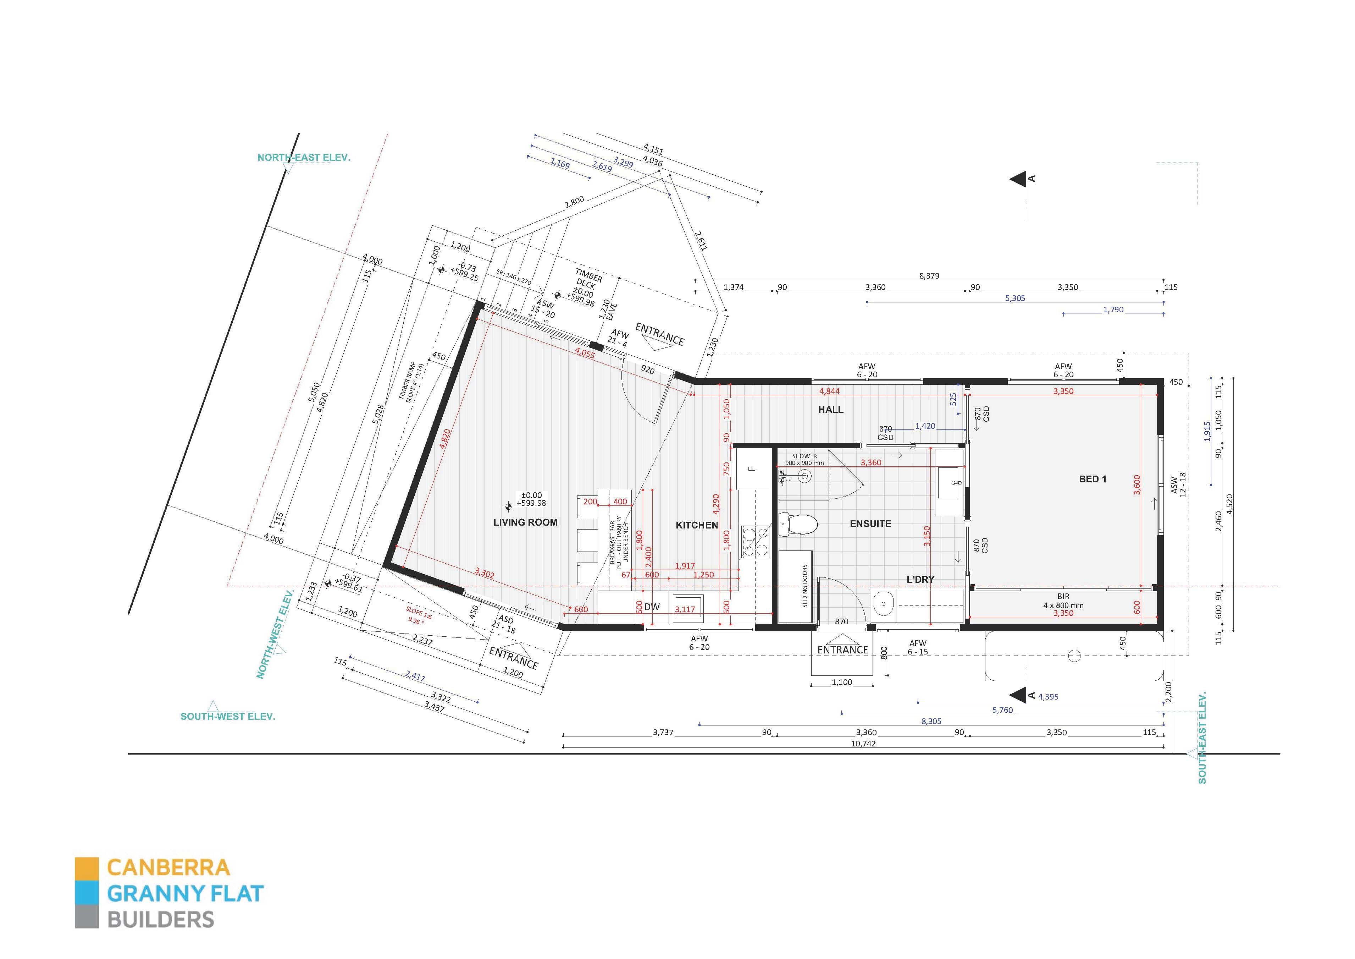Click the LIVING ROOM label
coord(525,522)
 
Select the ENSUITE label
coord(870,524)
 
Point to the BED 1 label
coord(1093,479)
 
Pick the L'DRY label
coord(920,579)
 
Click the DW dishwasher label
coord(652,607)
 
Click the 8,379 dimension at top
coord(929,276)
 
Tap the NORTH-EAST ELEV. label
coord(304,158)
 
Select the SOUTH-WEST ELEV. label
coord(228,716)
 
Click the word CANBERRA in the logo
coord(168,867)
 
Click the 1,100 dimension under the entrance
coord(842,682)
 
